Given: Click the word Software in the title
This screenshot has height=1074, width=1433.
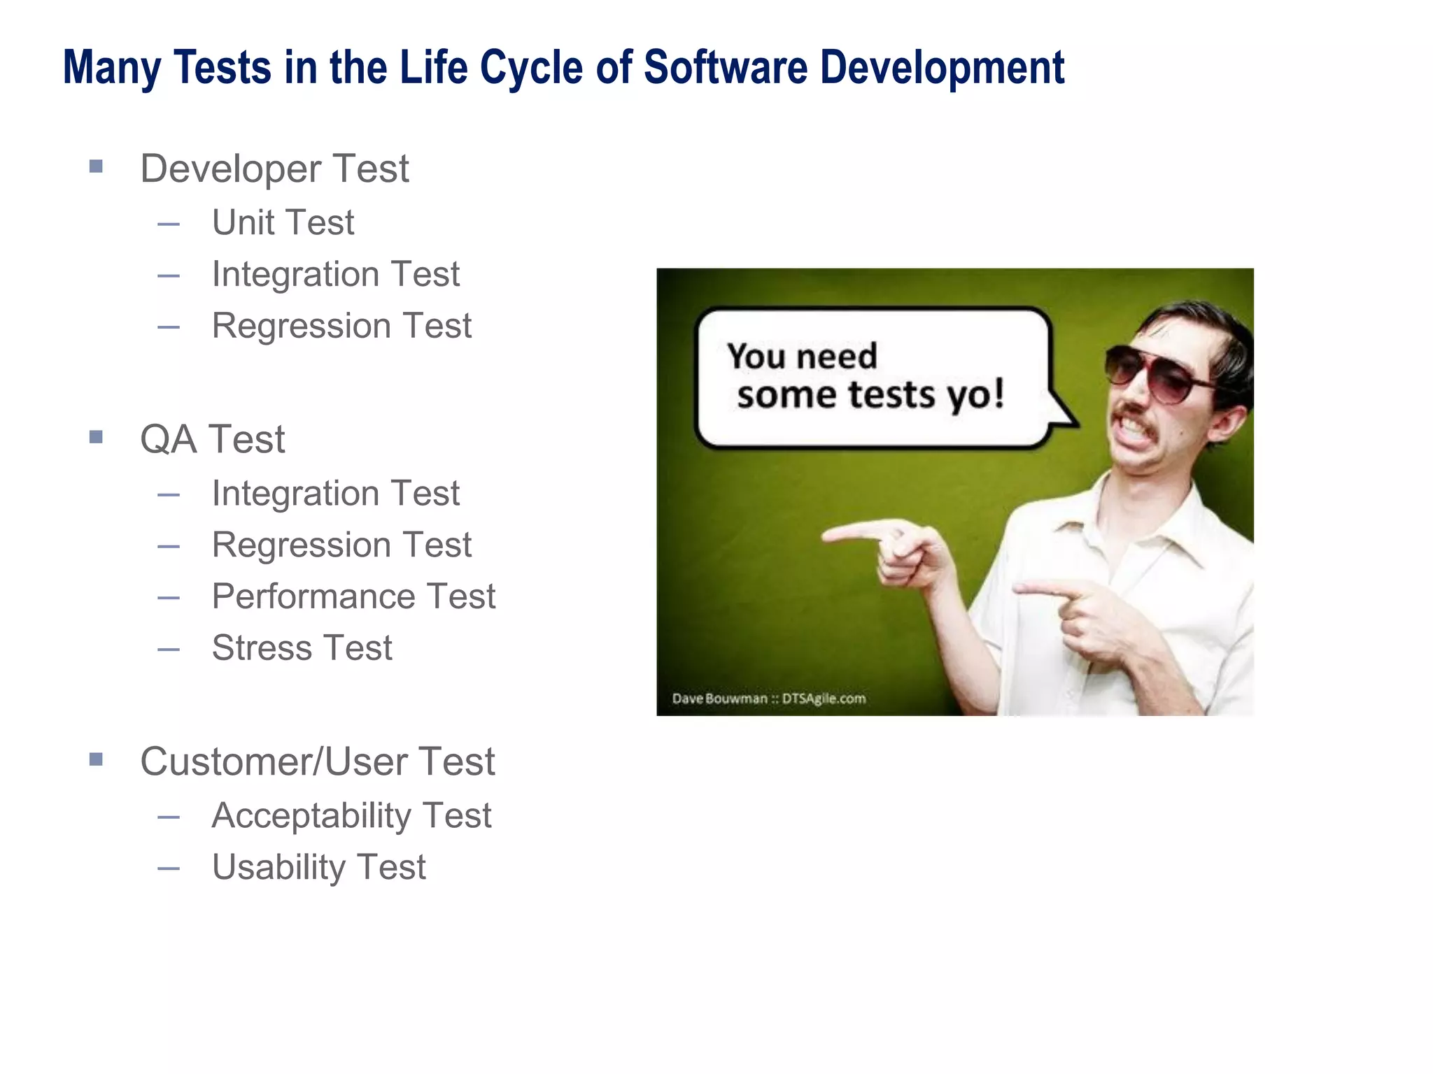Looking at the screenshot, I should (x=725, y=68).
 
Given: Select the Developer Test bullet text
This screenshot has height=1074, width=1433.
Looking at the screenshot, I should (x=274, y=169).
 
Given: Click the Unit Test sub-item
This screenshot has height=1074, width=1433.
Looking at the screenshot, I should (x=283, y=222).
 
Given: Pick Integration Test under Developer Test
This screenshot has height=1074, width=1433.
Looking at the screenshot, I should (x=335, y=274).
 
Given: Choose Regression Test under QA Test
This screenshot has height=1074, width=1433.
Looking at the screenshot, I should (x=341, y=545).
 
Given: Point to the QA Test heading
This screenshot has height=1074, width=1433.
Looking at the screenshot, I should (x=212, y=439).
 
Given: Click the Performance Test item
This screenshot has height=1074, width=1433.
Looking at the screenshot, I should (x=353, y=596).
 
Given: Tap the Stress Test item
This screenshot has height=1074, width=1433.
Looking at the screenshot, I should (x=302, y=647).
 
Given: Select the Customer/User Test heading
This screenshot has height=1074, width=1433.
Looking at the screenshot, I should (x=317, y=761).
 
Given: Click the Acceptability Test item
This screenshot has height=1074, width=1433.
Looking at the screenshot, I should (x=351, y=815).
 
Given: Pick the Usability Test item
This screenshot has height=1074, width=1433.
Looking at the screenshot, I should (x=318, y=867).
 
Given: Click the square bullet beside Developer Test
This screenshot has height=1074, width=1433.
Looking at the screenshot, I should (x=97, y=166).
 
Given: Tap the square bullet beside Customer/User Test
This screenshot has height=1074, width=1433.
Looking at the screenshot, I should (x=97, y=759).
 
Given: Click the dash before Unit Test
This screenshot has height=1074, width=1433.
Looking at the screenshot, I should (x=169, y=224).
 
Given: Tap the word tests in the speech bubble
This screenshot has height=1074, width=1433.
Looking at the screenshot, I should (x=891, y=395).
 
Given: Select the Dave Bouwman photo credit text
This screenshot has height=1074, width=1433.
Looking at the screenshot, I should (x=768, y=699).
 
